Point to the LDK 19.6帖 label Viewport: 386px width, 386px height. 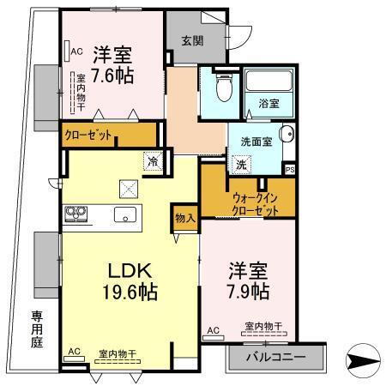click(x=128, y=280)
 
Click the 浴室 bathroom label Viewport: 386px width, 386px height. click(x=268, y=103)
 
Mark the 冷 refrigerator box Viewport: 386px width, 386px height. click(x=153, y=160)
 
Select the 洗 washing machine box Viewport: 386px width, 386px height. click(x=242, y=164)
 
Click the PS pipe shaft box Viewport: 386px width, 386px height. click(x=289, y=168)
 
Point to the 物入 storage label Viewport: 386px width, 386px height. click(x=184, y=218)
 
